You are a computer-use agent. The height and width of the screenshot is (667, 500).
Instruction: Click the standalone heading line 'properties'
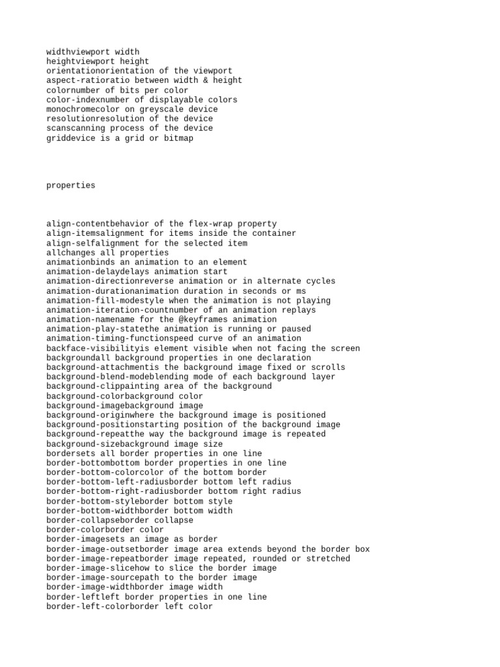pos(70,186)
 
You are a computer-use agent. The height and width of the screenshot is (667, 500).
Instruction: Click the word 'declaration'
pos(284,358)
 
